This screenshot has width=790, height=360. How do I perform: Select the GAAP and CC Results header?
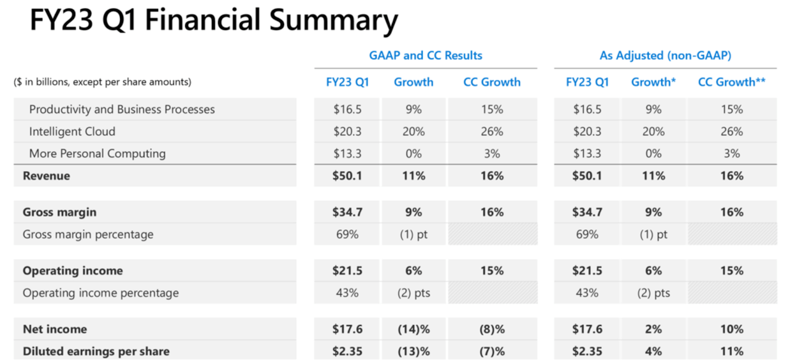425,56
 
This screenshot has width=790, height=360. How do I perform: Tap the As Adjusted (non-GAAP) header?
665,56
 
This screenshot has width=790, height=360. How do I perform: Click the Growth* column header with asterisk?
653,82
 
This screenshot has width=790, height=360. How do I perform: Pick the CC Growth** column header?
731,82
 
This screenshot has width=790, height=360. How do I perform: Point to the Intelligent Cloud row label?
72,132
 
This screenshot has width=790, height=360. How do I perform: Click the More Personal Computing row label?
97,154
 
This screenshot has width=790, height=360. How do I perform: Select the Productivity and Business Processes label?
122,109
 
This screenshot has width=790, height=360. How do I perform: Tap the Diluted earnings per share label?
96,351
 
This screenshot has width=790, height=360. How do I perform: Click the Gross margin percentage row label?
88,234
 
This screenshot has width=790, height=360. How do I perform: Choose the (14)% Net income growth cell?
414,329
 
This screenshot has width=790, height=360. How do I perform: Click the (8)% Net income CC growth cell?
492,329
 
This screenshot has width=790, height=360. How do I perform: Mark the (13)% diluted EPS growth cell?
414,351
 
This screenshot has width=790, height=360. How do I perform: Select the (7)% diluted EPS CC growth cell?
492,351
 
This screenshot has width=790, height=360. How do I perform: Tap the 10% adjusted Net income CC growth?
731,329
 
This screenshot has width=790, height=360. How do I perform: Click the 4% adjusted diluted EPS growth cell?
653,351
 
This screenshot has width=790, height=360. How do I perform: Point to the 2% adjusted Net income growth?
653,329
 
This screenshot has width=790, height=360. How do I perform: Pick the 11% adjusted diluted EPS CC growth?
731,351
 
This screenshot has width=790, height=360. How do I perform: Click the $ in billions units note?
102,82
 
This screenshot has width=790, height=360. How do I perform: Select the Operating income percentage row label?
101,293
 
